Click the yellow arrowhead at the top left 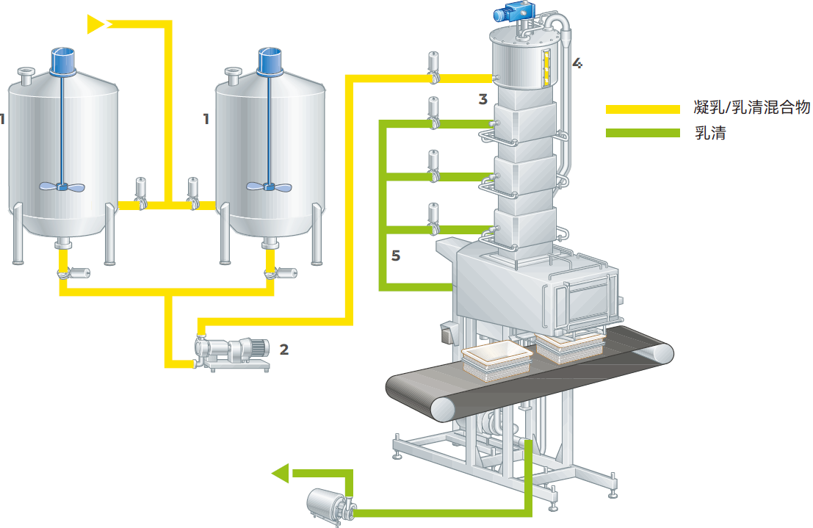[96, 24]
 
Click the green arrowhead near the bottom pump [281, 473]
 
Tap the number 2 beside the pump [284, 350]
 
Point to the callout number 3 [483, 99]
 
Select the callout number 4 [577, 63]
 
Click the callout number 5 [396, 255]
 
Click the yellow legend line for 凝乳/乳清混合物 [643, 109]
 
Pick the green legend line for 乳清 [643, 133]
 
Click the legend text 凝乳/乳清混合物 [752, 107]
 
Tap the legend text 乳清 [710, 133]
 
